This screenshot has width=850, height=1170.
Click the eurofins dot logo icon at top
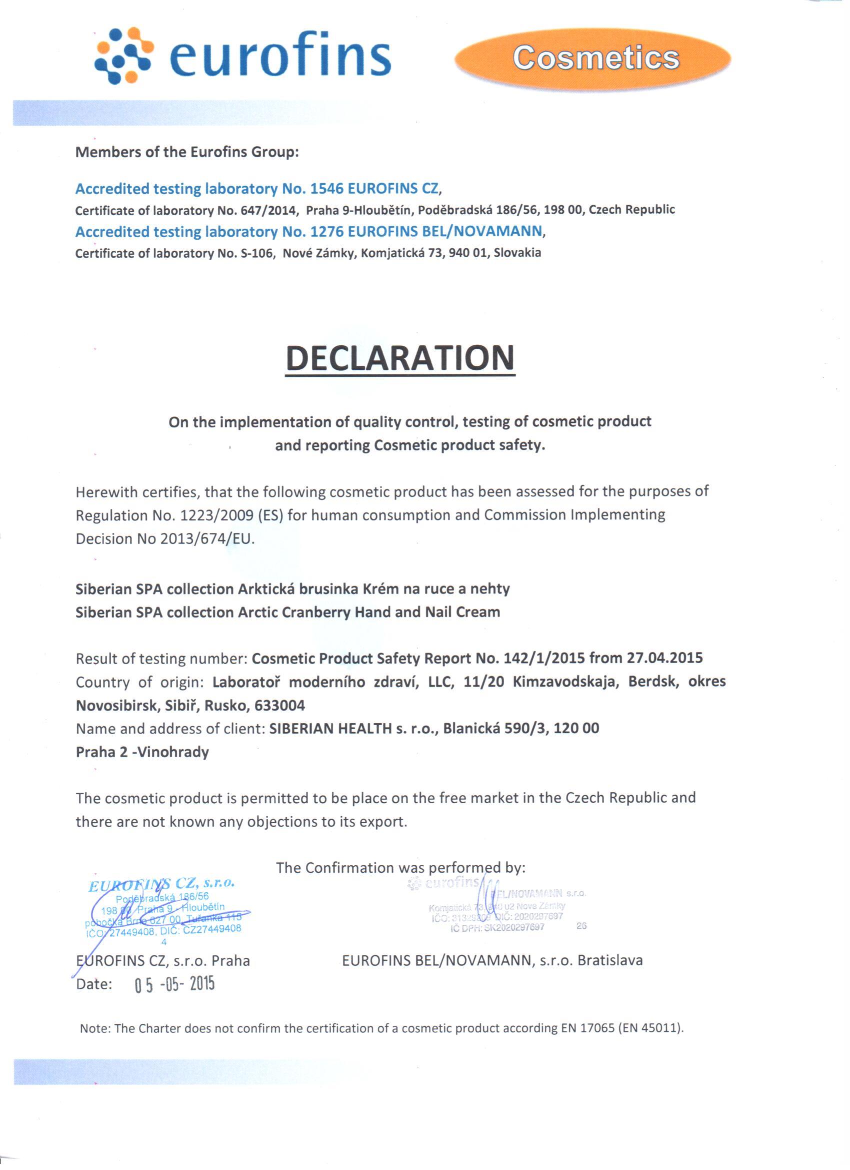tap(123, 56)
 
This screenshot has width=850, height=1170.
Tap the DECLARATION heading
tap(400, 358)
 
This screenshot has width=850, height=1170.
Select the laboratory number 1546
tap(326, 189)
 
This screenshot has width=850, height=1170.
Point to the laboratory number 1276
tap(326, 232)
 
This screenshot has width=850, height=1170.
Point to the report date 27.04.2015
tap(664, 658)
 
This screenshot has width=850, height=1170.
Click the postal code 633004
tap(279, 705)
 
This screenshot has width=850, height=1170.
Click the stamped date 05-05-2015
tap(174, 985)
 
